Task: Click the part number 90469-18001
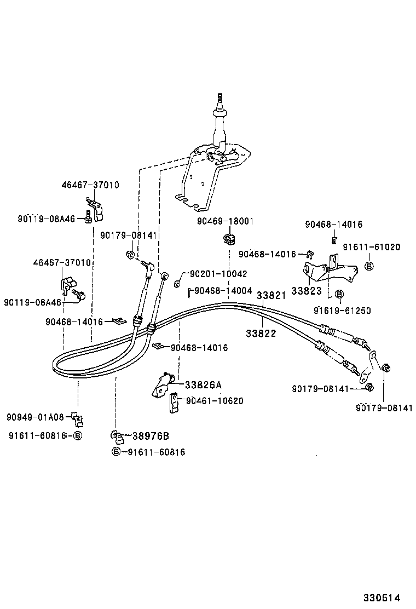pyautogui.click(x=225, y=221)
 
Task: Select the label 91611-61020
pyautogui.click(x=371, y=247)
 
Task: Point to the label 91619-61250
pyautogui.click(x=342, y=311)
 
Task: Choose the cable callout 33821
pyautogui.click(x=271, y=295)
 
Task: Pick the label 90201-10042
pyautogui.click(x=218, y=274)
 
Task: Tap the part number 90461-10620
pyautogui.click(x=215, y=401)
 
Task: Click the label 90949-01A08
pyautogui.click(x=36, y=417)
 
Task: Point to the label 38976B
pyautogui.click(x=150, y=436)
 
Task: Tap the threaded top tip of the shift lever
pyautogui.click(x=220, y=99)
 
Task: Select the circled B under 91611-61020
pyautogui.click(x=369, y=266)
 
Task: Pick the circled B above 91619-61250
pyautogui.click(x=338, y=295)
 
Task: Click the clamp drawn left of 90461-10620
pyautogui.click(x=174, y=402)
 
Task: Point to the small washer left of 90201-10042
pyautogui.click(x=177, y=283)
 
